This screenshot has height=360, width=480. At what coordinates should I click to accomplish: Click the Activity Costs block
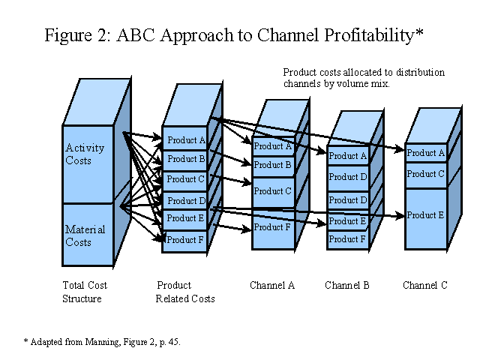point(88,164)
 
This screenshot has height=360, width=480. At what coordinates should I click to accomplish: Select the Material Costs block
point(88,235)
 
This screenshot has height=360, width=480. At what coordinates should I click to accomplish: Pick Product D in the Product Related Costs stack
point(184,201)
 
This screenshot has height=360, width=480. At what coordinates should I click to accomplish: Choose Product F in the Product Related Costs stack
point(184,241)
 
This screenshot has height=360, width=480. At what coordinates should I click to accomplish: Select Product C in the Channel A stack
point(273,192)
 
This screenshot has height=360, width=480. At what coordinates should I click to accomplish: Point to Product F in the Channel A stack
point(273,228)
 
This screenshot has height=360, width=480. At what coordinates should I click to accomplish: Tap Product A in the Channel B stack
point(348,156)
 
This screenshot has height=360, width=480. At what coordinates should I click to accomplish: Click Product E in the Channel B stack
point(348,221)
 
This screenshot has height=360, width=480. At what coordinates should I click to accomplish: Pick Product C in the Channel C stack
point(426,175)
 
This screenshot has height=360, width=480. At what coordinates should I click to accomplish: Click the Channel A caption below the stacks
point(272,285)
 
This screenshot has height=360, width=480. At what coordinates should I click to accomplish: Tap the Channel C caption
point(425,285)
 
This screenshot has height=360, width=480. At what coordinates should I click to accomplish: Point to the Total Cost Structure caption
point(85,292)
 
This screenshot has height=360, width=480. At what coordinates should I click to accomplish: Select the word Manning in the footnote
point(103,342)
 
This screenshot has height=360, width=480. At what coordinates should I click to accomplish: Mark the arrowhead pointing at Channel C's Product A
point(400,149)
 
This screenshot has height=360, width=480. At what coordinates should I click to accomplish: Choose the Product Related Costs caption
point(185,292)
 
